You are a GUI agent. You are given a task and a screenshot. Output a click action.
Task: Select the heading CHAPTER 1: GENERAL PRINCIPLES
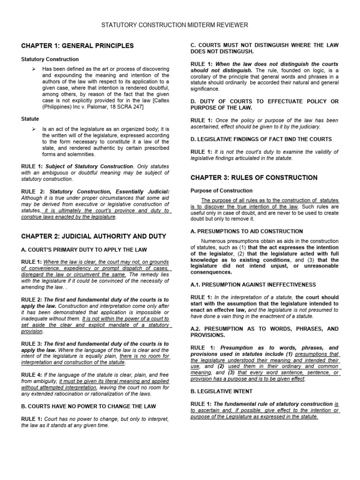pos(77,46)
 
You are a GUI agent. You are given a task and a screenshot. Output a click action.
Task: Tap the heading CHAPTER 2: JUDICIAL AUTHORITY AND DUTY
pos(93,235)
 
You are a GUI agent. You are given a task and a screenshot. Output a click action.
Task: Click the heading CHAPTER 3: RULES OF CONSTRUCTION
pos(254,178)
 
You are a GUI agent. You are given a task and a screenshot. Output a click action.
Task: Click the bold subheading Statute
pos(30,120)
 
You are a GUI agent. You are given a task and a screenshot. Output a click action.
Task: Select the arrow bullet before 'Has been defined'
pos(34,69)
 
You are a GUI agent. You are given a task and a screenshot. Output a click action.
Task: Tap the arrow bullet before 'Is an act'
pos(34,129)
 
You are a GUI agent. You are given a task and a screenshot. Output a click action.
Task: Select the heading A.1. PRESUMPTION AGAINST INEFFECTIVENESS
pos(253,285)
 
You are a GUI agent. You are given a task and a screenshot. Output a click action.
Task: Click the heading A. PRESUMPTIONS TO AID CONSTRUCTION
pos(247,231)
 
